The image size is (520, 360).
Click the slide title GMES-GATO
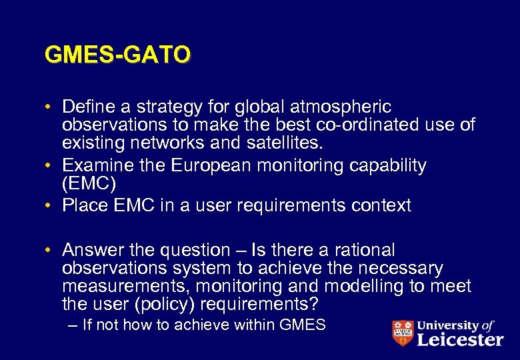pos(117,55)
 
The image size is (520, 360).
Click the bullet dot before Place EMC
pos(50,205)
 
